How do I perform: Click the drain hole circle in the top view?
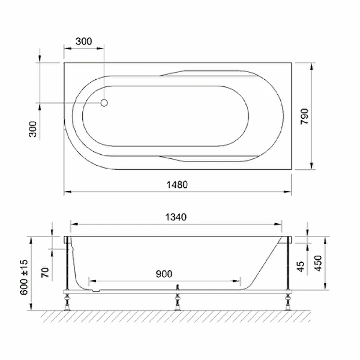pos(104,103)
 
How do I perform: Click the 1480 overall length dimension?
pos(177,184)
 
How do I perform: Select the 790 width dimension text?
pos(305,117)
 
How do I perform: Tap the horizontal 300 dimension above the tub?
pos(84,41)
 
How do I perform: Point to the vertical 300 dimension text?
pos(33,129)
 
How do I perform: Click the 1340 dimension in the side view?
pos(176,217)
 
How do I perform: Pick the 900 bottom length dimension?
pos(164,274)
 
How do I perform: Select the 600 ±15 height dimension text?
pos(24,277)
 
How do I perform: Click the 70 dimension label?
pos(45,272)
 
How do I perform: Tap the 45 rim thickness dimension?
pos(301,267)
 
